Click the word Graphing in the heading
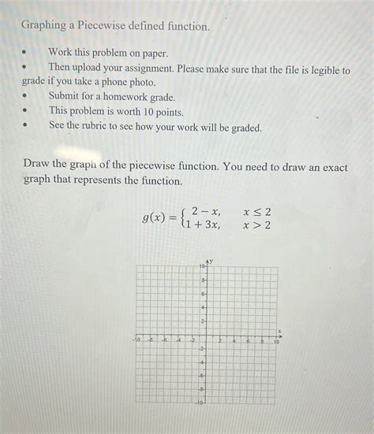pos(44,26)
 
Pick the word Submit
pos(66,96)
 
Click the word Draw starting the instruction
pos(36,166)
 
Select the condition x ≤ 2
pos(257,211)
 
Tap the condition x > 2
pos(257,225)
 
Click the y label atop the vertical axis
pos(210,261)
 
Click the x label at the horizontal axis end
pos(280,332)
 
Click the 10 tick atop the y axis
pos(202,268)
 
